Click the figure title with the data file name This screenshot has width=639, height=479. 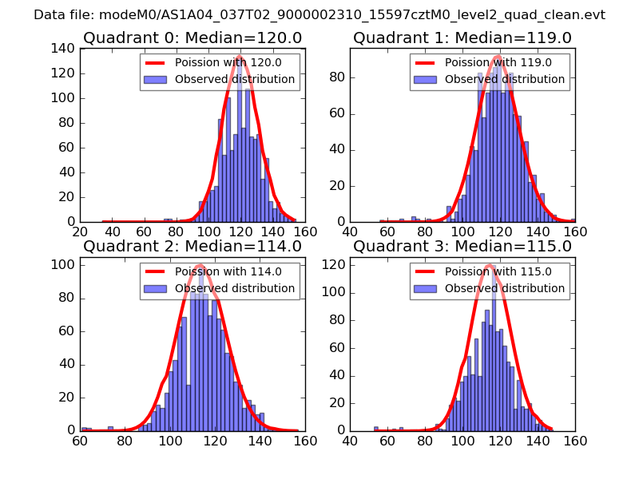[319, 15]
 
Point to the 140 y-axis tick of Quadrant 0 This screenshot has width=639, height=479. [64, 49]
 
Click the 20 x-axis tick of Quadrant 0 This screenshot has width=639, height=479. [81, 232]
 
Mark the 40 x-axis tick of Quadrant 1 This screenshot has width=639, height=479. [350, 232]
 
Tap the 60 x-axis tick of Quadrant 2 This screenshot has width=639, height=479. [81, 441]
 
